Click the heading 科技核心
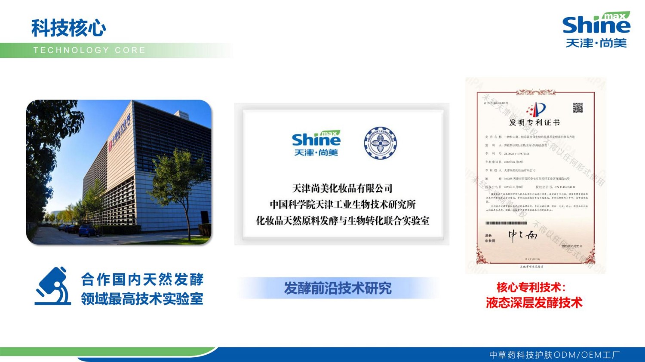point(69,28)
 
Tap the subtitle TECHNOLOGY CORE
point(89,50)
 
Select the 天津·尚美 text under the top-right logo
point(596,43)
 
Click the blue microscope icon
point(53,286)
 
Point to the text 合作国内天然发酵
point(142,280)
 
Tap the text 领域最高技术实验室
point(142,299)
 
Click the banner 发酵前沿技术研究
point(338,288)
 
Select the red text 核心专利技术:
point(531,287)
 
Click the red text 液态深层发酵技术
point(534,303)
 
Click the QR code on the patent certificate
point(577,107)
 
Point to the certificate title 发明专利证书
point(534,123)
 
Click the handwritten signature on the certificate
point(522,235)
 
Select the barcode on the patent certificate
point(506,223)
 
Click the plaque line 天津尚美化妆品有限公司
point(342,188)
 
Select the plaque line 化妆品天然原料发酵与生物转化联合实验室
point(342,221)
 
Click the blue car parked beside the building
point(88,231)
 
